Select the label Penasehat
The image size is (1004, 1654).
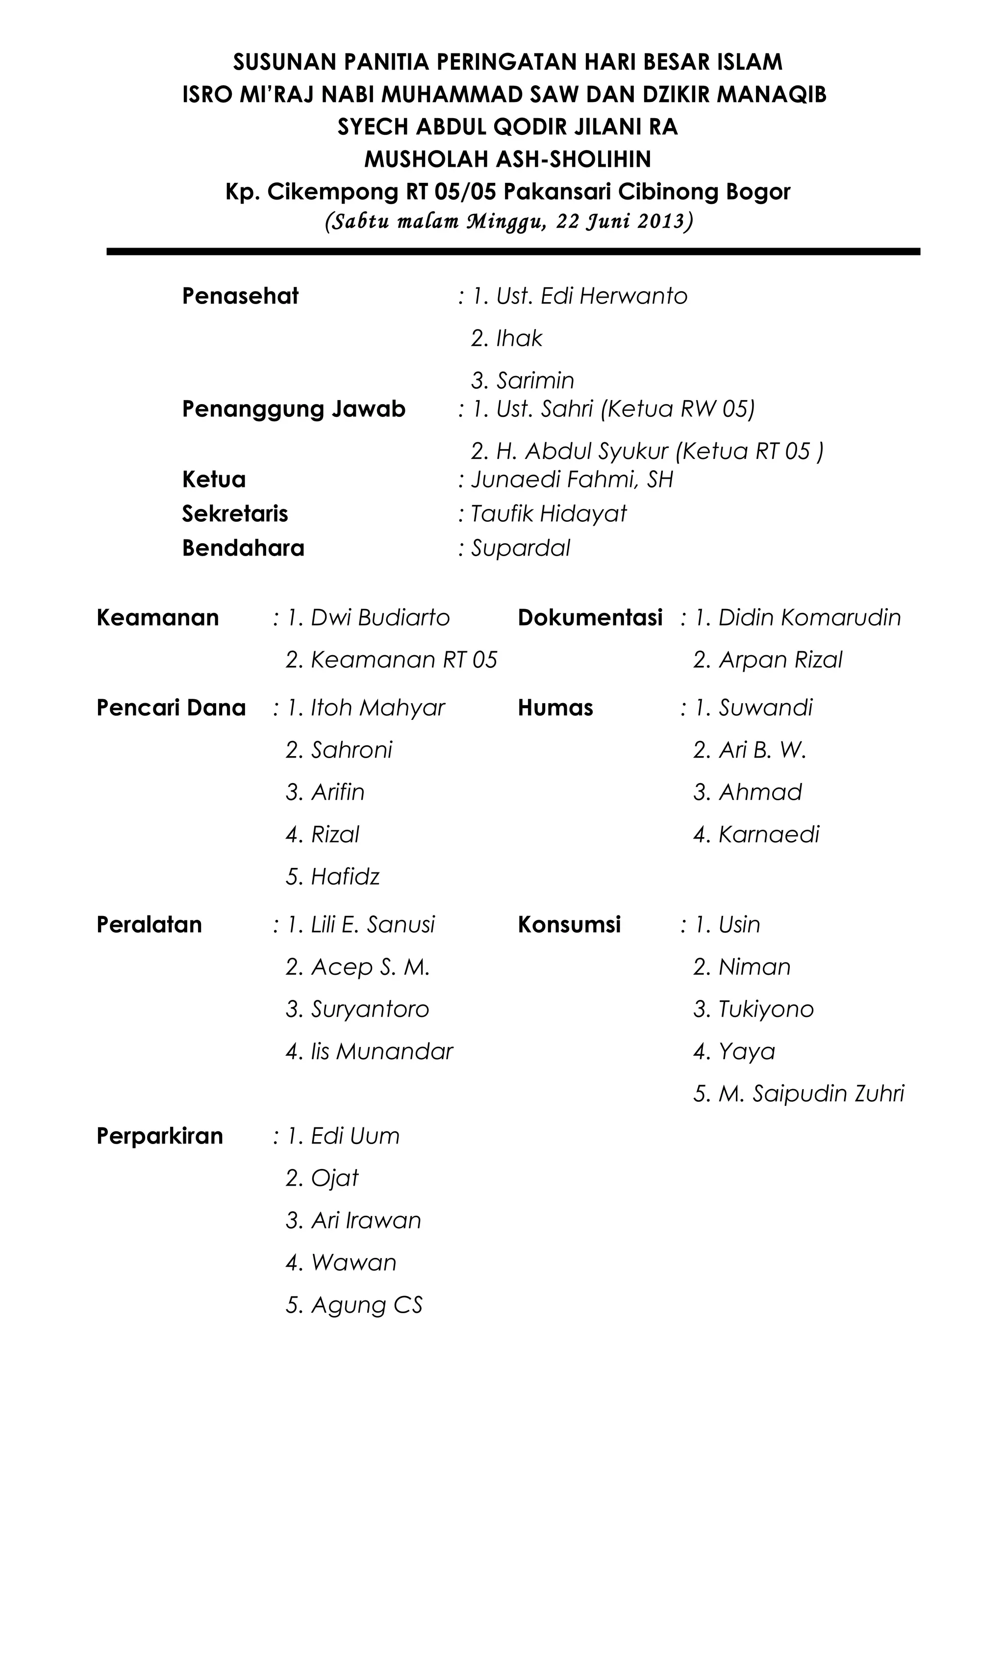pyautogui.click(x=240, y=296)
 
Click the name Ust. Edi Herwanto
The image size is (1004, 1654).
pyautogui.click(x=591, y=296)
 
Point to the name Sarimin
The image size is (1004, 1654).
pyautogui.click(x=535, y=381)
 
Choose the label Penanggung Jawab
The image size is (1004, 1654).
pyautogui.click(x=293, y=409)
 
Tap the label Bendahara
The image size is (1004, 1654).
pyautogui.click(x=243, y=548)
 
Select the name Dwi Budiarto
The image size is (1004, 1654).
pyautogui.click(x=380, y=617)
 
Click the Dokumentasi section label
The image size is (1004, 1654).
pyautogui.click(x=590, y=617)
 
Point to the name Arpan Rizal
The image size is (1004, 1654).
pyautogui.click(x=780, y=660)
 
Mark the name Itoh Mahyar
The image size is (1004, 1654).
pyautogui.click(x=378, y=708)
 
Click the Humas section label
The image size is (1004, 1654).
pyautogui.click(x=555, y=708)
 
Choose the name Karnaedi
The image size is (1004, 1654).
pyautogui.click(x=768, y=835)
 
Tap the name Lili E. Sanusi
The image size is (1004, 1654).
pyautogui.click(x=373, y=924)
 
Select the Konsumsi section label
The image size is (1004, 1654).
pyautogui.click(x=569, y=924)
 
